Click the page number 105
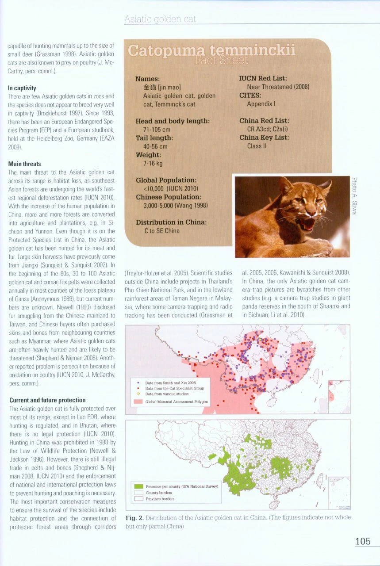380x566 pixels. coord(363,541)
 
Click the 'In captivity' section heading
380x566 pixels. coord(22,88)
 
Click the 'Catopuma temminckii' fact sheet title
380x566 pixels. coord(211,52)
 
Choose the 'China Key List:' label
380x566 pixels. coord(265,138)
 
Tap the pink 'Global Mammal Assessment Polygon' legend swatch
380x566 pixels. coord(138,402)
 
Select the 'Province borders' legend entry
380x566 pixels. coord(160,498)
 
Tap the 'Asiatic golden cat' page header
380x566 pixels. coord(160,19)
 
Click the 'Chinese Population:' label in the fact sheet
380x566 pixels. coord(168,197)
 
